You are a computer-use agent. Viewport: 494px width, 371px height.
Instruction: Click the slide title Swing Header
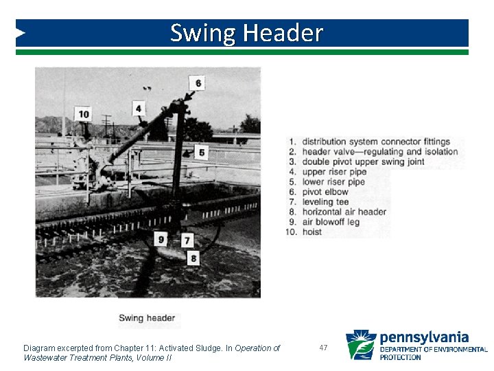coord(246,33)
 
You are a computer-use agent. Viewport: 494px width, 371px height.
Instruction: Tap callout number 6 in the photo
coord(198,83)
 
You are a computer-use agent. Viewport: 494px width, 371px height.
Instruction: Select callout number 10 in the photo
coord(84,114)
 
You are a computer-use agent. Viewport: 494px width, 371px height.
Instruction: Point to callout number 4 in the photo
coord(139,109)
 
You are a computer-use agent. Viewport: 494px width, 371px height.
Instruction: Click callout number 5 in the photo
coord(201,151)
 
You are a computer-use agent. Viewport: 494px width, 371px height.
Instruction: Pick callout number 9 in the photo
coord(161,239)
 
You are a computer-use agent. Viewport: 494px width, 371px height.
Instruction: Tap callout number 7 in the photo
coord(187,240)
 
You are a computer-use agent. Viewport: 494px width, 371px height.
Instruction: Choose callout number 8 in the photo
coord(193,258)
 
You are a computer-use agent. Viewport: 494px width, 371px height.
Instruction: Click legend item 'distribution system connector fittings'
coord(375,142)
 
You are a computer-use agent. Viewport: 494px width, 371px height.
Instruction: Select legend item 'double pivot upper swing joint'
coord(363,162)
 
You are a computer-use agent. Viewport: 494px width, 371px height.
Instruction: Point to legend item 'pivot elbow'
coord(325,192)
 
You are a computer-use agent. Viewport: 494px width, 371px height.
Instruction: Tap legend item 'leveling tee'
coord(325,202)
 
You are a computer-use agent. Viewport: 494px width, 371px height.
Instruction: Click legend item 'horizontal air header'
coord(344,212)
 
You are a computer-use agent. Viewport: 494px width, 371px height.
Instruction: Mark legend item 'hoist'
coord(311,232)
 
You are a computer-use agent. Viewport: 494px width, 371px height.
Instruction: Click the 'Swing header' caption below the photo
coord(147,318)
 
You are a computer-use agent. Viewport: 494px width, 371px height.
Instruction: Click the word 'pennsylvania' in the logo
coord(423,337)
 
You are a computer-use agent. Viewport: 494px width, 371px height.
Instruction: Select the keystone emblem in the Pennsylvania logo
coord(360,345)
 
